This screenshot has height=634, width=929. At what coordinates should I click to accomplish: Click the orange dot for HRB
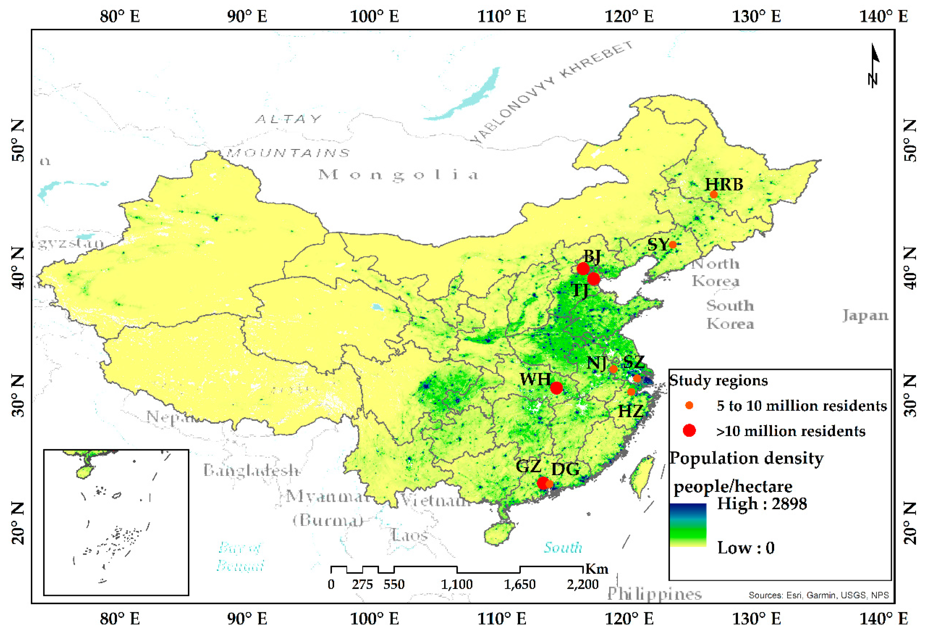714,195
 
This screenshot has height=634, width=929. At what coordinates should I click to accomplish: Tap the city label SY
658,245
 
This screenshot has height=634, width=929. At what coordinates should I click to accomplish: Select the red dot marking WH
556,388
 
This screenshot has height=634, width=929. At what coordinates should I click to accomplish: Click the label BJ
592,256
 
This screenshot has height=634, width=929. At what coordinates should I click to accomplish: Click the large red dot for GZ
542,483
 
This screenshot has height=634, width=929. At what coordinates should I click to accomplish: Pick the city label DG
565,469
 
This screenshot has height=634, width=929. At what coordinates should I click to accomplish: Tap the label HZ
630,411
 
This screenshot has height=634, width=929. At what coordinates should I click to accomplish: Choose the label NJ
596,363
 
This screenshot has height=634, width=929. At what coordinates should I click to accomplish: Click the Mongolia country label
399,175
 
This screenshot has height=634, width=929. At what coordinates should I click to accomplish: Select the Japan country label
865,315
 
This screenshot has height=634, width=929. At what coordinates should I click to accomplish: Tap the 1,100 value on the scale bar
457,585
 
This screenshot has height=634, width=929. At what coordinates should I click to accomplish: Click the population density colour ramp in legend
688,525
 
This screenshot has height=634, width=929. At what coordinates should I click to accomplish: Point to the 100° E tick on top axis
374,17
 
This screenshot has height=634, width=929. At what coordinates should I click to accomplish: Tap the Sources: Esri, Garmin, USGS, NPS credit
819,595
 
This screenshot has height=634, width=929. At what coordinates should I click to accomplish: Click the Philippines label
654,594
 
